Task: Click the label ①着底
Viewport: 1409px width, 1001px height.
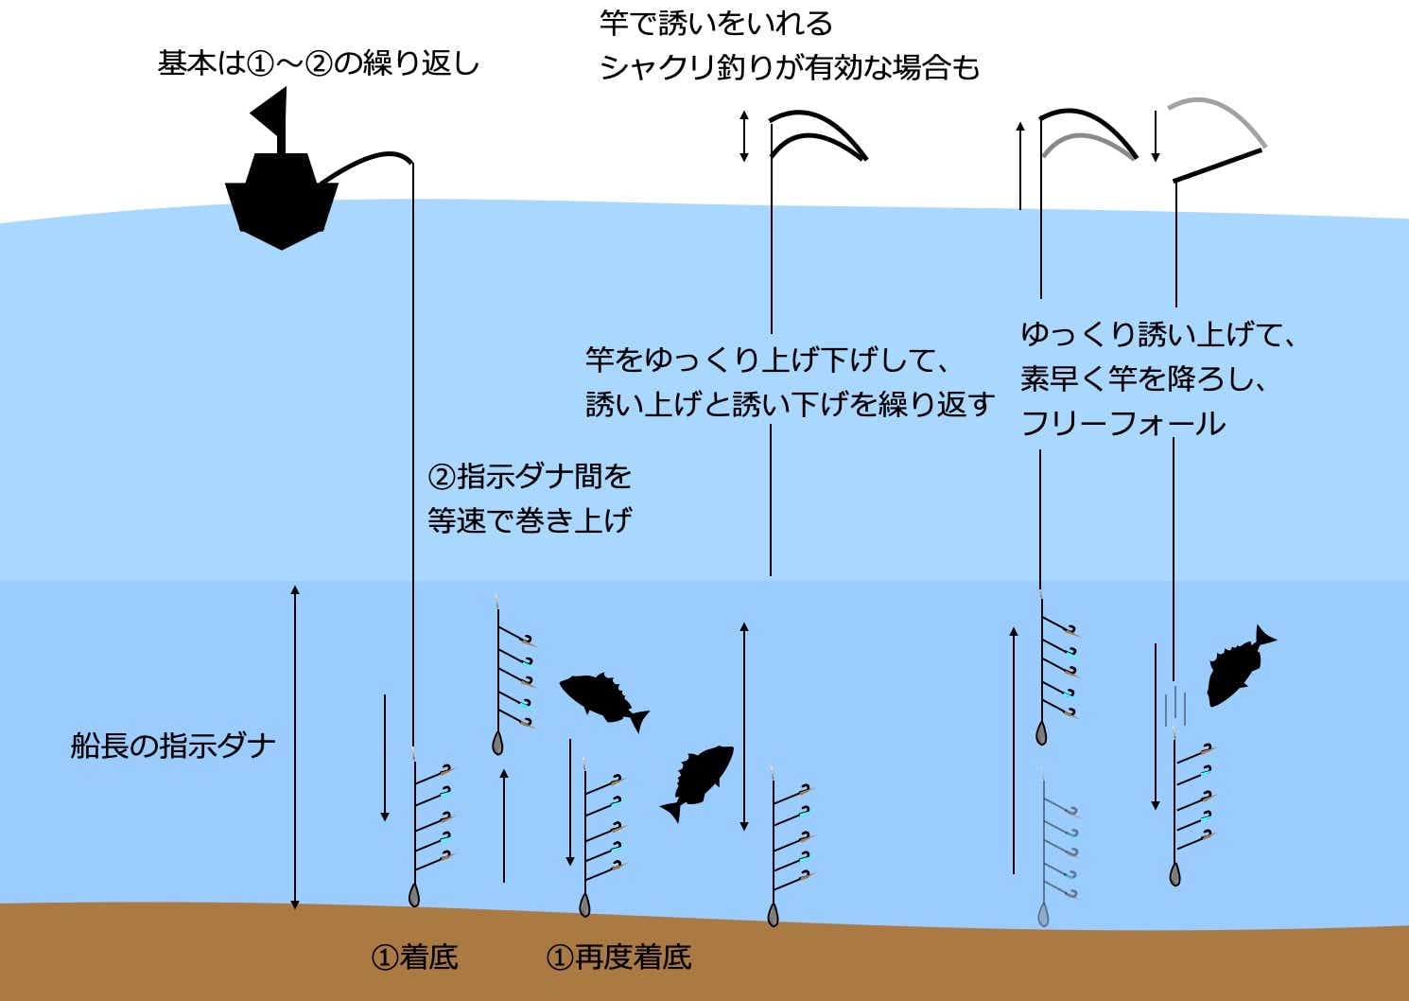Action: coord(415,957)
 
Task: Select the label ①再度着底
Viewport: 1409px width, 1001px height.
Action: coord(618,957)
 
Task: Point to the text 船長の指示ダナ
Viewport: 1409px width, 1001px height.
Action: coord(173,746)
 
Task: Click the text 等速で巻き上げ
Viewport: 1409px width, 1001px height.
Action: coord(529,520)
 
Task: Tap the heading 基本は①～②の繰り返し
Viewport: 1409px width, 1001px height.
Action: coord(319,64)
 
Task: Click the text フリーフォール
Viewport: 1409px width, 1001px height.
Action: coord(1122,423)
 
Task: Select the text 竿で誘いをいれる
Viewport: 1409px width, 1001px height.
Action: coord(716,23)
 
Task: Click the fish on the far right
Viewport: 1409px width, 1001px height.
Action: coord(1237,664)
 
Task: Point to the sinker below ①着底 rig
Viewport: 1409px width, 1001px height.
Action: coord(413,895)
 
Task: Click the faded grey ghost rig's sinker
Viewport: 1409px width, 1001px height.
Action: coord(1043,914)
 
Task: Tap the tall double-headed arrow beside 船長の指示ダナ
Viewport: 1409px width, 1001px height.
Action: coord(295,746)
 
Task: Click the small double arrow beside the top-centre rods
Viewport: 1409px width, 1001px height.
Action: coord(744,136)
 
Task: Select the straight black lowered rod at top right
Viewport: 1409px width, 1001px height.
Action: coord(1218,165)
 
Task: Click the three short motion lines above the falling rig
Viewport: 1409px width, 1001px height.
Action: coord(1175,706)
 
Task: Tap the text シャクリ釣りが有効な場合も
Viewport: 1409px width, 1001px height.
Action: coord(790,68)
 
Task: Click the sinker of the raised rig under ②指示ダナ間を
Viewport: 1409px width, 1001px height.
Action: coord(497,744)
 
